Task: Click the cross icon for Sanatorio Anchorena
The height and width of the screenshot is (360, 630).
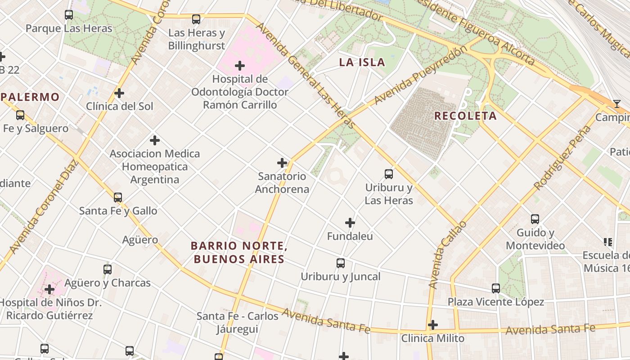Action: tap(282, 163)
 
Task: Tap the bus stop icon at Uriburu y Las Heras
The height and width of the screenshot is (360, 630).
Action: tap(388, 174)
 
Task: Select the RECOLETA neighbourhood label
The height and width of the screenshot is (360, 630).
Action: tap(465, 116)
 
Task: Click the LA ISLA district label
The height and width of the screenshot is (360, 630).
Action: tap(362, 63)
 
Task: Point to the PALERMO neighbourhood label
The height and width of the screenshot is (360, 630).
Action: tap(30, 97)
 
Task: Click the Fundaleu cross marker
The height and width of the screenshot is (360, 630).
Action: tap(350, 223)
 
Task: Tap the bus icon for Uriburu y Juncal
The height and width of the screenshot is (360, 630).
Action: tap(341, 263)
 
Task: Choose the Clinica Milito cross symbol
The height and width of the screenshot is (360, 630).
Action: tap(433, 325)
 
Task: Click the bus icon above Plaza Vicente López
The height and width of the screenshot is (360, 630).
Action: tap(495, 288)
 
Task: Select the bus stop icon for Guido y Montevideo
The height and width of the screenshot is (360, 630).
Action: tap(535, 219)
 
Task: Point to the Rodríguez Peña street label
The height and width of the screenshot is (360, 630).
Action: tap(562, 157)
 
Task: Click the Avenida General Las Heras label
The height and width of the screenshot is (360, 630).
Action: tap(306, 75)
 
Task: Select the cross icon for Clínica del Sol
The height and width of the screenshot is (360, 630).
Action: tap(119, 93)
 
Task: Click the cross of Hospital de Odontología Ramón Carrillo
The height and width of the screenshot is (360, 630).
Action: tap(240, 66)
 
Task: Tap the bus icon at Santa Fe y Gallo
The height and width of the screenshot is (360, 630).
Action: tap(118, 198)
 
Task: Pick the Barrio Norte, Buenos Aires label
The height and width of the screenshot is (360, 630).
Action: tap(239, 252)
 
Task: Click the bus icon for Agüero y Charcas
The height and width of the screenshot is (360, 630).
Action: tap(107, 270)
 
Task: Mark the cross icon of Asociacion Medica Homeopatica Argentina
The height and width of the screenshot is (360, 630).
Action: tap(155, 140)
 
